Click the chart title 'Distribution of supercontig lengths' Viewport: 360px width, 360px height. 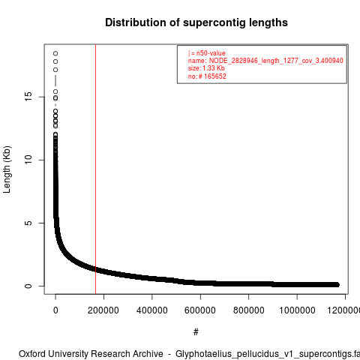coord(196,22)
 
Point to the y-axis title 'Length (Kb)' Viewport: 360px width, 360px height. coord(7,169)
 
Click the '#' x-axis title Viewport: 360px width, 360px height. coord(196,332)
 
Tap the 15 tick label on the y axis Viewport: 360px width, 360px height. coord(28,97)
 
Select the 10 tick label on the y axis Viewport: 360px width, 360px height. coord(28,160)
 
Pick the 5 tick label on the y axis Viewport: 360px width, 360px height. coord(28,223)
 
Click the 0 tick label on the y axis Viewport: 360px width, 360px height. coord(28,286)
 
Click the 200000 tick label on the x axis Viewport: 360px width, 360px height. coord(103,310)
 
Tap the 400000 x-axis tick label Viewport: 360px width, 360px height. coord(152,310)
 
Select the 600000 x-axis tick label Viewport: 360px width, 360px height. coord(200,310)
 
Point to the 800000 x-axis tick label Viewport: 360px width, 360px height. coord(248,310)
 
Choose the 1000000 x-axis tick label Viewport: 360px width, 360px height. coord(297,310)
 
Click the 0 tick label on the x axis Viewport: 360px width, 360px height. coord(55,310)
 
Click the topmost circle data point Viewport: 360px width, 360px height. coord(55,53)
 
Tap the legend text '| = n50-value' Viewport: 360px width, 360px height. coord(207,53)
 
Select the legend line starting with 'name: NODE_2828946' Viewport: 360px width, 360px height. coord(265,61)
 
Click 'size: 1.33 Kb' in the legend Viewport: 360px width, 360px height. coord(206,68)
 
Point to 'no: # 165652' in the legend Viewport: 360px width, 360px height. coord(207,76)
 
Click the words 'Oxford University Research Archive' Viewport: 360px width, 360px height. coord(91,354)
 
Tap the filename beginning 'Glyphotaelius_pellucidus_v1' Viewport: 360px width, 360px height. coord(268,354)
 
